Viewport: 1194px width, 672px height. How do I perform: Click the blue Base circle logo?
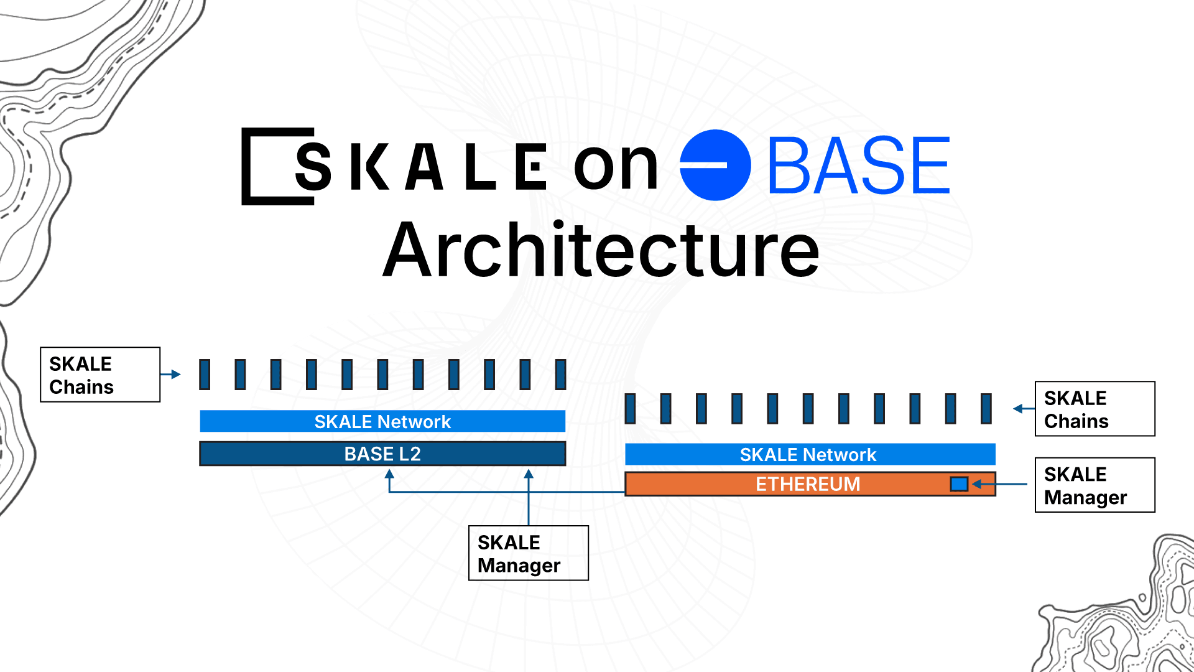[x=715, y=166]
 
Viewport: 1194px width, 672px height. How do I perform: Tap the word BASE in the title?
[x=859, y=166]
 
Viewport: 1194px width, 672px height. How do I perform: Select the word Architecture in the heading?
[x=601, y=251]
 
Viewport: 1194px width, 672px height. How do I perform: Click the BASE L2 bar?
[x=382, y=454]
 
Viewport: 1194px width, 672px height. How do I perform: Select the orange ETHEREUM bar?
[x=808, y=484]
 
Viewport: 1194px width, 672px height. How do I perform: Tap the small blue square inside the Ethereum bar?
[x=959, y=483]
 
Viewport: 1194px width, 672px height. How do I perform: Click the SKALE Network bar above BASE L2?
[x=382, y=421]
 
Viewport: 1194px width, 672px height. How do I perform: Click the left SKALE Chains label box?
[x=100, y=375]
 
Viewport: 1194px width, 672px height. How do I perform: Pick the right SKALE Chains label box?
[x=1094, y=409]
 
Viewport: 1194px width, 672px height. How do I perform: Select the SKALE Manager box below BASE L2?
[x=528, y=553]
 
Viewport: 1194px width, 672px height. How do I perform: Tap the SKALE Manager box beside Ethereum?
[x=1094, y=485]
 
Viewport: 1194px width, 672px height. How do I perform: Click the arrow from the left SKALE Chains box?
[x=170, y=375]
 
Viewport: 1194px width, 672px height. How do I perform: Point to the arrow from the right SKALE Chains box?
[x=1024, y=409]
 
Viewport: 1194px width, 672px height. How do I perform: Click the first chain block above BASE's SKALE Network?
[x=205, y=375]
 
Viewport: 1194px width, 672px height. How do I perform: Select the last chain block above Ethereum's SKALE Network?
[x=986, y=409]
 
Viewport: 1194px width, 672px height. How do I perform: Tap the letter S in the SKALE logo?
[x=313, y=166]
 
